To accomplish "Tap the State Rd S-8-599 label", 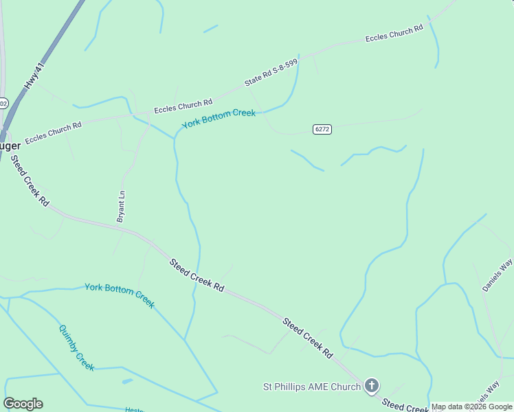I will click(x=271, y=72).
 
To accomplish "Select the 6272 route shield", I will click(x=322, y=129).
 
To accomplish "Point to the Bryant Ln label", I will click(x=122, y=206).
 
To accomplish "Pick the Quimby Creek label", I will click(x=76, y=347).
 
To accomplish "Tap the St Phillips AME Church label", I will click(x=312, y=387).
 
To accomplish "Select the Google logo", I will click(x=23, y=404).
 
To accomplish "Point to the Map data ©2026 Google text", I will click(x=471, y=407).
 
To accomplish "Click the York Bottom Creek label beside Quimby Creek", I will click(x=120, y=295).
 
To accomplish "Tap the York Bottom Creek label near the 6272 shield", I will click(x=219, y=119).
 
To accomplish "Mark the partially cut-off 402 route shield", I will click(x=3, y=104).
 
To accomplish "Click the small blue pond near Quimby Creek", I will click(x=127, y=381).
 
